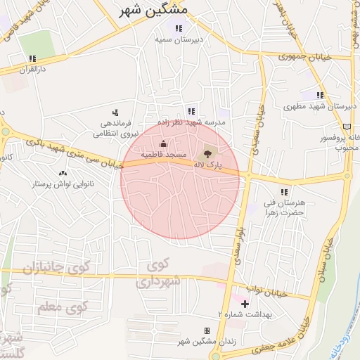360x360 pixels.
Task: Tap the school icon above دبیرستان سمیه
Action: click(x=179, y=29)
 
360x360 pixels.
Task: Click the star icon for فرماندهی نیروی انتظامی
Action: click(x=116, y=112)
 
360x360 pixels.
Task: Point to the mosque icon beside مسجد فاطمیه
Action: click(x=164, y=144)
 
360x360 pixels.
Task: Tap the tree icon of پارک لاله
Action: click(x=207, y=153)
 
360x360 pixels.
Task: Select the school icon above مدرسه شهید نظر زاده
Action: click(x=191, y=111)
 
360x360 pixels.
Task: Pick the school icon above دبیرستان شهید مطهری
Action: click(x=320, y=95)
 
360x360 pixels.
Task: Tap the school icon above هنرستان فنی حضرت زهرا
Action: click(x=284, y=191)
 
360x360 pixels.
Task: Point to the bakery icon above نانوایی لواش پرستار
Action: click(x=62, y=173)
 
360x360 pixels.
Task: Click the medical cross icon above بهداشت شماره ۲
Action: click(x=245, y=304)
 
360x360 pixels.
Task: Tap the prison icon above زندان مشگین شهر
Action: click(x=207, y=330)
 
